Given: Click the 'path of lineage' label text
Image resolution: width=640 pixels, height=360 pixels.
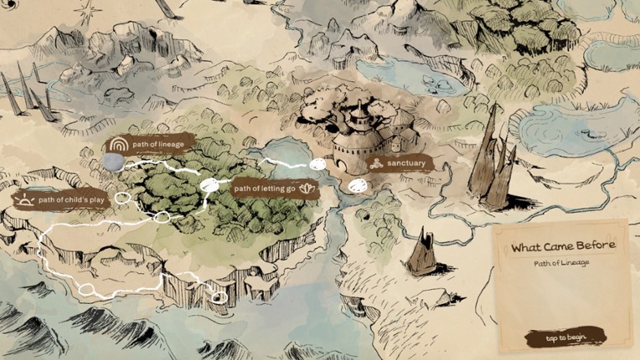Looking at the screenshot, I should pyautogui.click(x=158, y=144).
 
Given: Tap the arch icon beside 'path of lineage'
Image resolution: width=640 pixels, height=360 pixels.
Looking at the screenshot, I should pyautogui.click(x=117, y=145).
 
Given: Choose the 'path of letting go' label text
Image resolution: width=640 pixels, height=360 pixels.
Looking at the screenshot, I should pyautogui.click(x=264, y=188).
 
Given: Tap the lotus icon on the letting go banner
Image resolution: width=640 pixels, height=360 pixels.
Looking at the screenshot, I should pyautogui.click(x=307, y=188).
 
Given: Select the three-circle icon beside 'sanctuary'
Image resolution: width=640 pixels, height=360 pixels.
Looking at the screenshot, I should pyautogui.click(x=377, y=163).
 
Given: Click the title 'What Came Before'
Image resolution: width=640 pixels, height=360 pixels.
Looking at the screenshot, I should pyautogui.click(x=563, y=246).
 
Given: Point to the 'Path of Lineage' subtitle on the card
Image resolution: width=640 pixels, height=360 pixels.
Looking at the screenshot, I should pyautogui.click(x=563, y=263).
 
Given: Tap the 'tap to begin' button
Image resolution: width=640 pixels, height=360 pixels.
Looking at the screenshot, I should pyautogui.click(x=565, y=337).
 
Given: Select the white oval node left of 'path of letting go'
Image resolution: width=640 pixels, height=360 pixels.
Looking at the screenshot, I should pyautogui.click(x=210, y=184).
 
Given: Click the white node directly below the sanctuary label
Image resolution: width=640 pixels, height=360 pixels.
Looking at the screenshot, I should pyautogui.click(x=358, y=184).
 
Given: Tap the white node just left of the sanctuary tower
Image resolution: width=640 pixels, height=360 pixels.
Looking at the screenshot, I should pyautogui.click(x=318, y=164).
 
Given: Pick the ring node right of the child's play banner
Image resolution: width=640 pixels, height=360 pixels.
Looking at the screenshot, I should pyautogui.click(x=123, y=198).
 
